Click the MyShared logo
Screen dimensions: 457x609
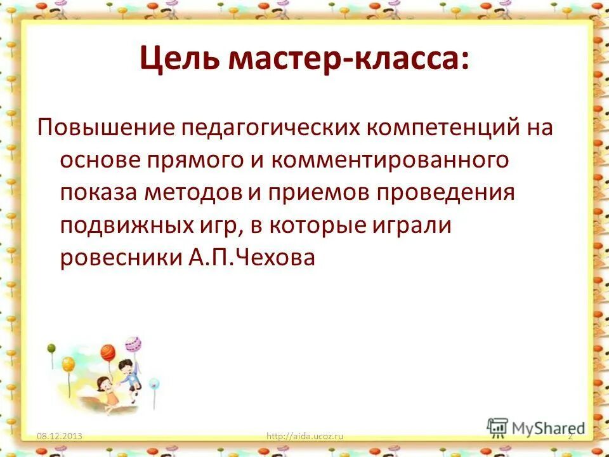536,428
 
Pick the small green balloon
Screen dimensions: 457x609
51,348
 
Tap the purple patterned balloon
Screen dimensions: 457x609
134,345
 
